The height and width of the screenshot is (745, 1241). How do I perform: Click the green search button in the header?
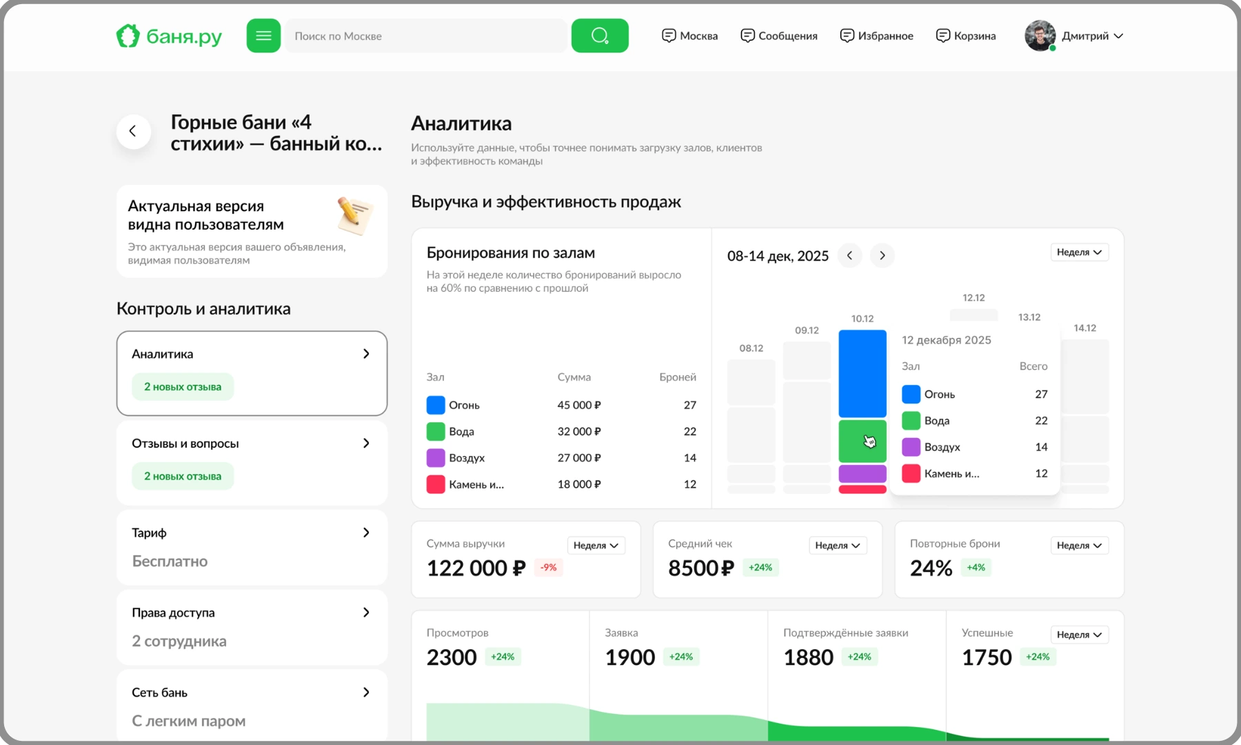[600, 36]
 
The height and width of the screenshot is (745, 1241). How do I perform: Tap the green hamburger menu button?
[263, 36]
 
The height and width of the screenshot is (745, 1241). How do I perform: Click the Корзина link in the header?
[965, 36]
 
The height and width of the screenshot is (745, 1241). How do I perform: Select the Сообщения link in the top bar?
[778, 36]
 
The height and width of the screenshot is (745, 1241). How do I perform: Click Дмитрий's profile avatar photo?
[1040, 36]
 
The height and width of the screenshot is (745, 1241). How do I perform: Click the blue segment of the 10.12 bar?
[862, 373]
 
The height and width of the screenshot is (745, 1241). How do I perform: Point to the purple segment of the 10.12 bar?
[862, 473]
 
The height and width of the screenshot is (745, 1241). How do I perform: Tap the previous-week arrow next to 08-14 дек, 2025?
[849, 255]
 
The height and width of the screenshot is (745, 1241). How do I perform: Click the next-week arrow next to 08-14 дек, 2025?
[882, 255]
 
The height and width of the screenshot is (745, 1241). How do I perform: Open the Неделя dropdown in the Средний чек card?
[838, 545]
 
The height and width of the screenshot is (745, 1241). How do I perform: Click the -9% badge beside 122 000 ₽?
[549, 567]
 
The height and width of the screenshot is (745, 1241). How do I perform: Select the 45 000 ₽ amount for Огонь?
[579, 405]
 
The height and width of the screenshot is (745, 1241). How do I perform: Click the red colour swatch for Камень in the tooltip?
[911, 473]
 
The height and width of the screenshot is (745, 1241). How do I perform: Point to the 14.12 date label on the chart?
[1084, 328]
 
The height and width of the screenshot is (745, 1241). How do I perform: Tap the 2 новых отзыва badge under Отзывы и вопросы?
[183, 476]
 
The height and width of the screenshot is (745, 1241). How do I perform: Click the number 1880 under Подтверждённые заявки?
[808, 657]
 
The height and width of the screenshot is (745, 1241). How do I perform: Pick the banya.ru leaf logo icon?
[128, 36]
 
